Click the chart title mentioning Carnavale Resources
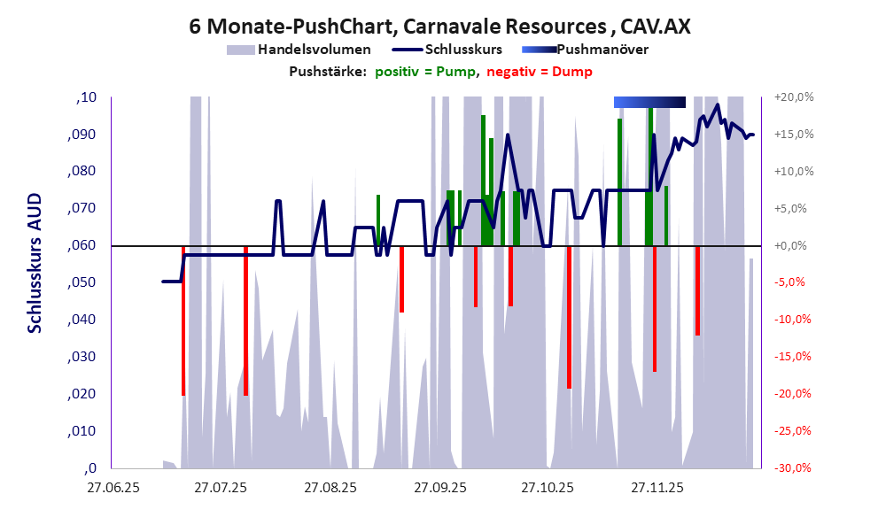coord(439,26)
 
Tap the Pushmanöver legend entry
coord(601,50)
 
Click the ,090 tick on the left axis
coord(82,135)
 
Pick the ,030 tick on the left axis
coord(82,357)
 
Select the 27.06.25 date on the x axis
coord(112,488)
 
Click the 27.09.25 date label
coord(439,488)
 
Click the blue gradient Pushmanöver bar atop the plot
coord(649,103)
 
